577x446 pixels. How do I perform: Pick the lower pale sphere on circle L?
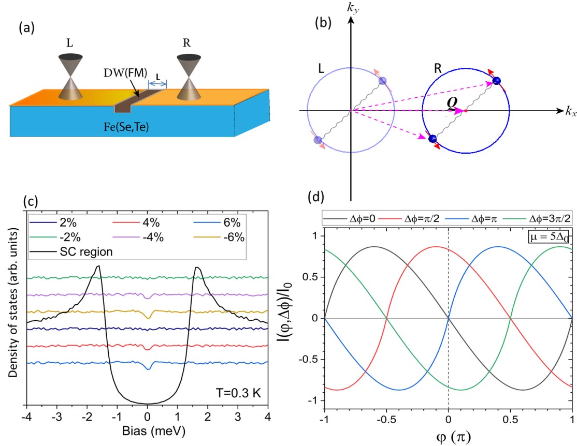tap(318, 140)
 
